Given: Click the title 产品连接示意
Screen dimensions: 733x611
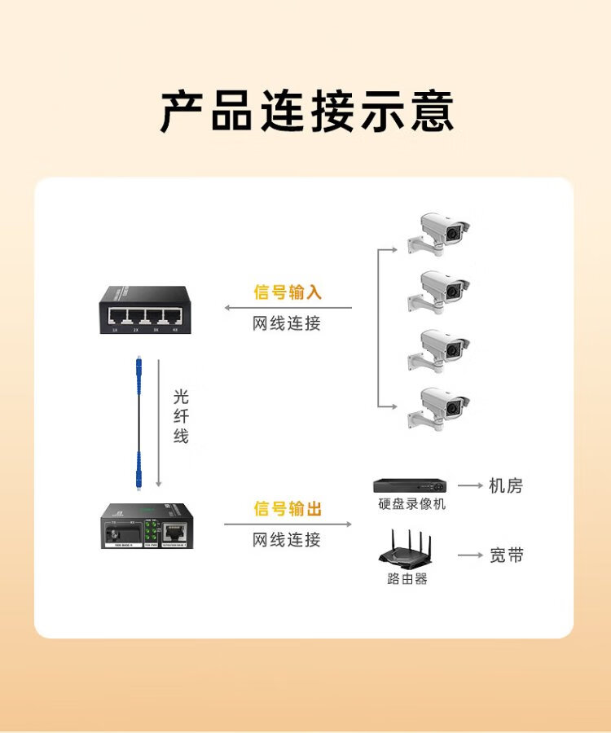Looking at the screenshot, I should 305,112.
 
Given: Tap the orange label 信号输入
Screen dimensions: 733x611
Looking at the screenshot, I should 288,292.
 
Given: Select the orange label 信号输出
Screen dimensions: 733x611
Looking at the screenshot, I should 288,509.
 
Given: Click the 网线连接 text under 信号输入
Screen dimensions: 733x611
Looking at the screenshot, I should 287,323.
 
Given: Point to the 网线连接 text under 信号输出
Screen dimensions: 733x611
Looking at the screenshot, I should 287,539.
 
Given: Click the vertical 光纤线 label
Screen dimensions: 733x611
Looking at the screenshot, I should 181,416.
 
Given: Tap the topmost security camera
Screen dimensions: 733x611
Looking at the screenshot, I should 440,232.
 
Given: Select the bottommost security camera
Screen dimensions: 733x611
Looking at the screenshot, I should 440,407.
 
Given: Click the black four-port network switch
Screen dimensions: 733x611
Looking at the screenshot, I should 140,309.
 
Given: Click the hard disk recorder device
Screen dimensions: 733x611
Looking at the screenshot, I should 410,485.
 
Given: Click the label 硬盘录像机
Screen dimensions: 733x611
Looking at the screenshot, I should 412,504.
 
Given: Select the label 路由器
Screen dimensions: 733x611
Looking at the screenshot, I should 407,579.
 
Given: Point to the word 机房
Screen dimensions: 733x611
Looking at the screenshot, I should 506,486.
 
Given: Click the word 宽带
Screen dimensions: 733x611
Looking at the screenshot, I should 507,555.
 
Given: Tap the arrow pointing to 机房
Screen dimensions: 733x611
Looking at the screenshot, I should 470,485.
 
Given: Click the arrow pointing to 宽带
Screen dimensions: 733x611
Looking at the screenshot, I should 470,555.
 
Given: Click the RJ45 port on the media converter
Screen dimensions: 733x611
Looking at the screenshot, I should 173,532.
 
